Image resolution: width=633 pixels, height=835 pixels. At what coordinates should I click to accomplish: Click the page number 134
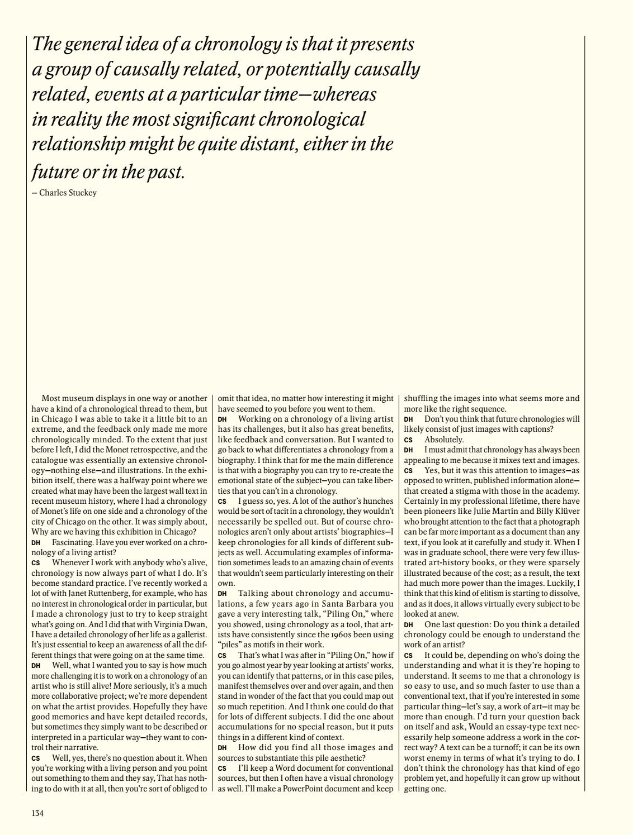coord(37,813)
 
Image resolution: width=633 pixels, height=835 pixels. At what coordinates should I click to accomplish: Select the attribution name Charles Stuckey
coord(68,193)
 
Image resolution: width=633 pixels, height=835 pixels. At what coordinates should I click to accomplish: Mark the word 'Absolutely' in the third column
coord(444,440)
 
